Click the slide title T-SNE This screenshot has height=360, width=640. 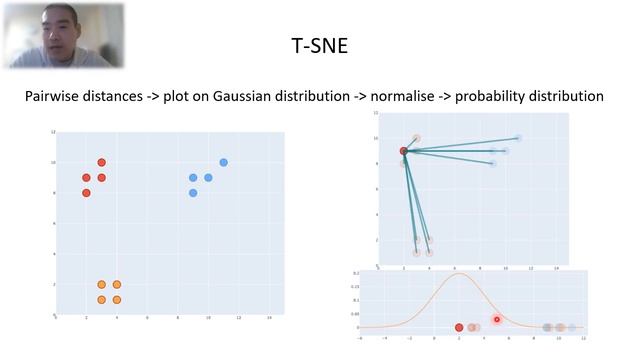(319, 45)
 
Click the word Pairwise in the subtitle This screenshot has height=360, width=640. (59, 97)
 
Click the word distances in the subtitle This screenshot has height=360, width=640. (132, 97)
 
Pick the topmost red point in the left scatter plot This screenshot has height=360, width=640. (101, 162)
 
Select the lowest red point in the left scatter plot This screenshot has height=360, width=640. (86, 193)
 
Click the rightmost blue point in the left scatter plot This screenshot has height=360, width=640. (223, 162)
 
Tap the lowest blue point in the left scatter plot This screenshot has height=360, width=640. (193, 193)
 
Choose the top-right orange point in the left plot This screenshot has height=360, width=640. (117, 284)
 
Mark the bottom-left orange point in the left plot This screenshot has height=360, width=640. (101, 300)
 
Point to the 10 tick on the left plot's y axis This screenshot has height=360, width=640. (51, 162)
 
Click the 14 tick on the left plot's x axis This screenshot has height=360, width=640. (269, 319)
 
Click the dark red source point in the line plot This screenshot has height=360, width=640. (404, 151)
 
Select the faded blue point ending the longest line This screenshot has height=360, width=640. (518, 138)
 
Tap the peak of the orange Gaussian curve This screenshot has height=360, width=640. (459, 274)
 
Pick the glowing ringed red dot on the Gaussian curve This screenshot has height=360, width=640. (497, 320)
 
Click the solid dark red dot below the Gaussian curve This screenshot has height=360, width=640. (459, 327)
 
